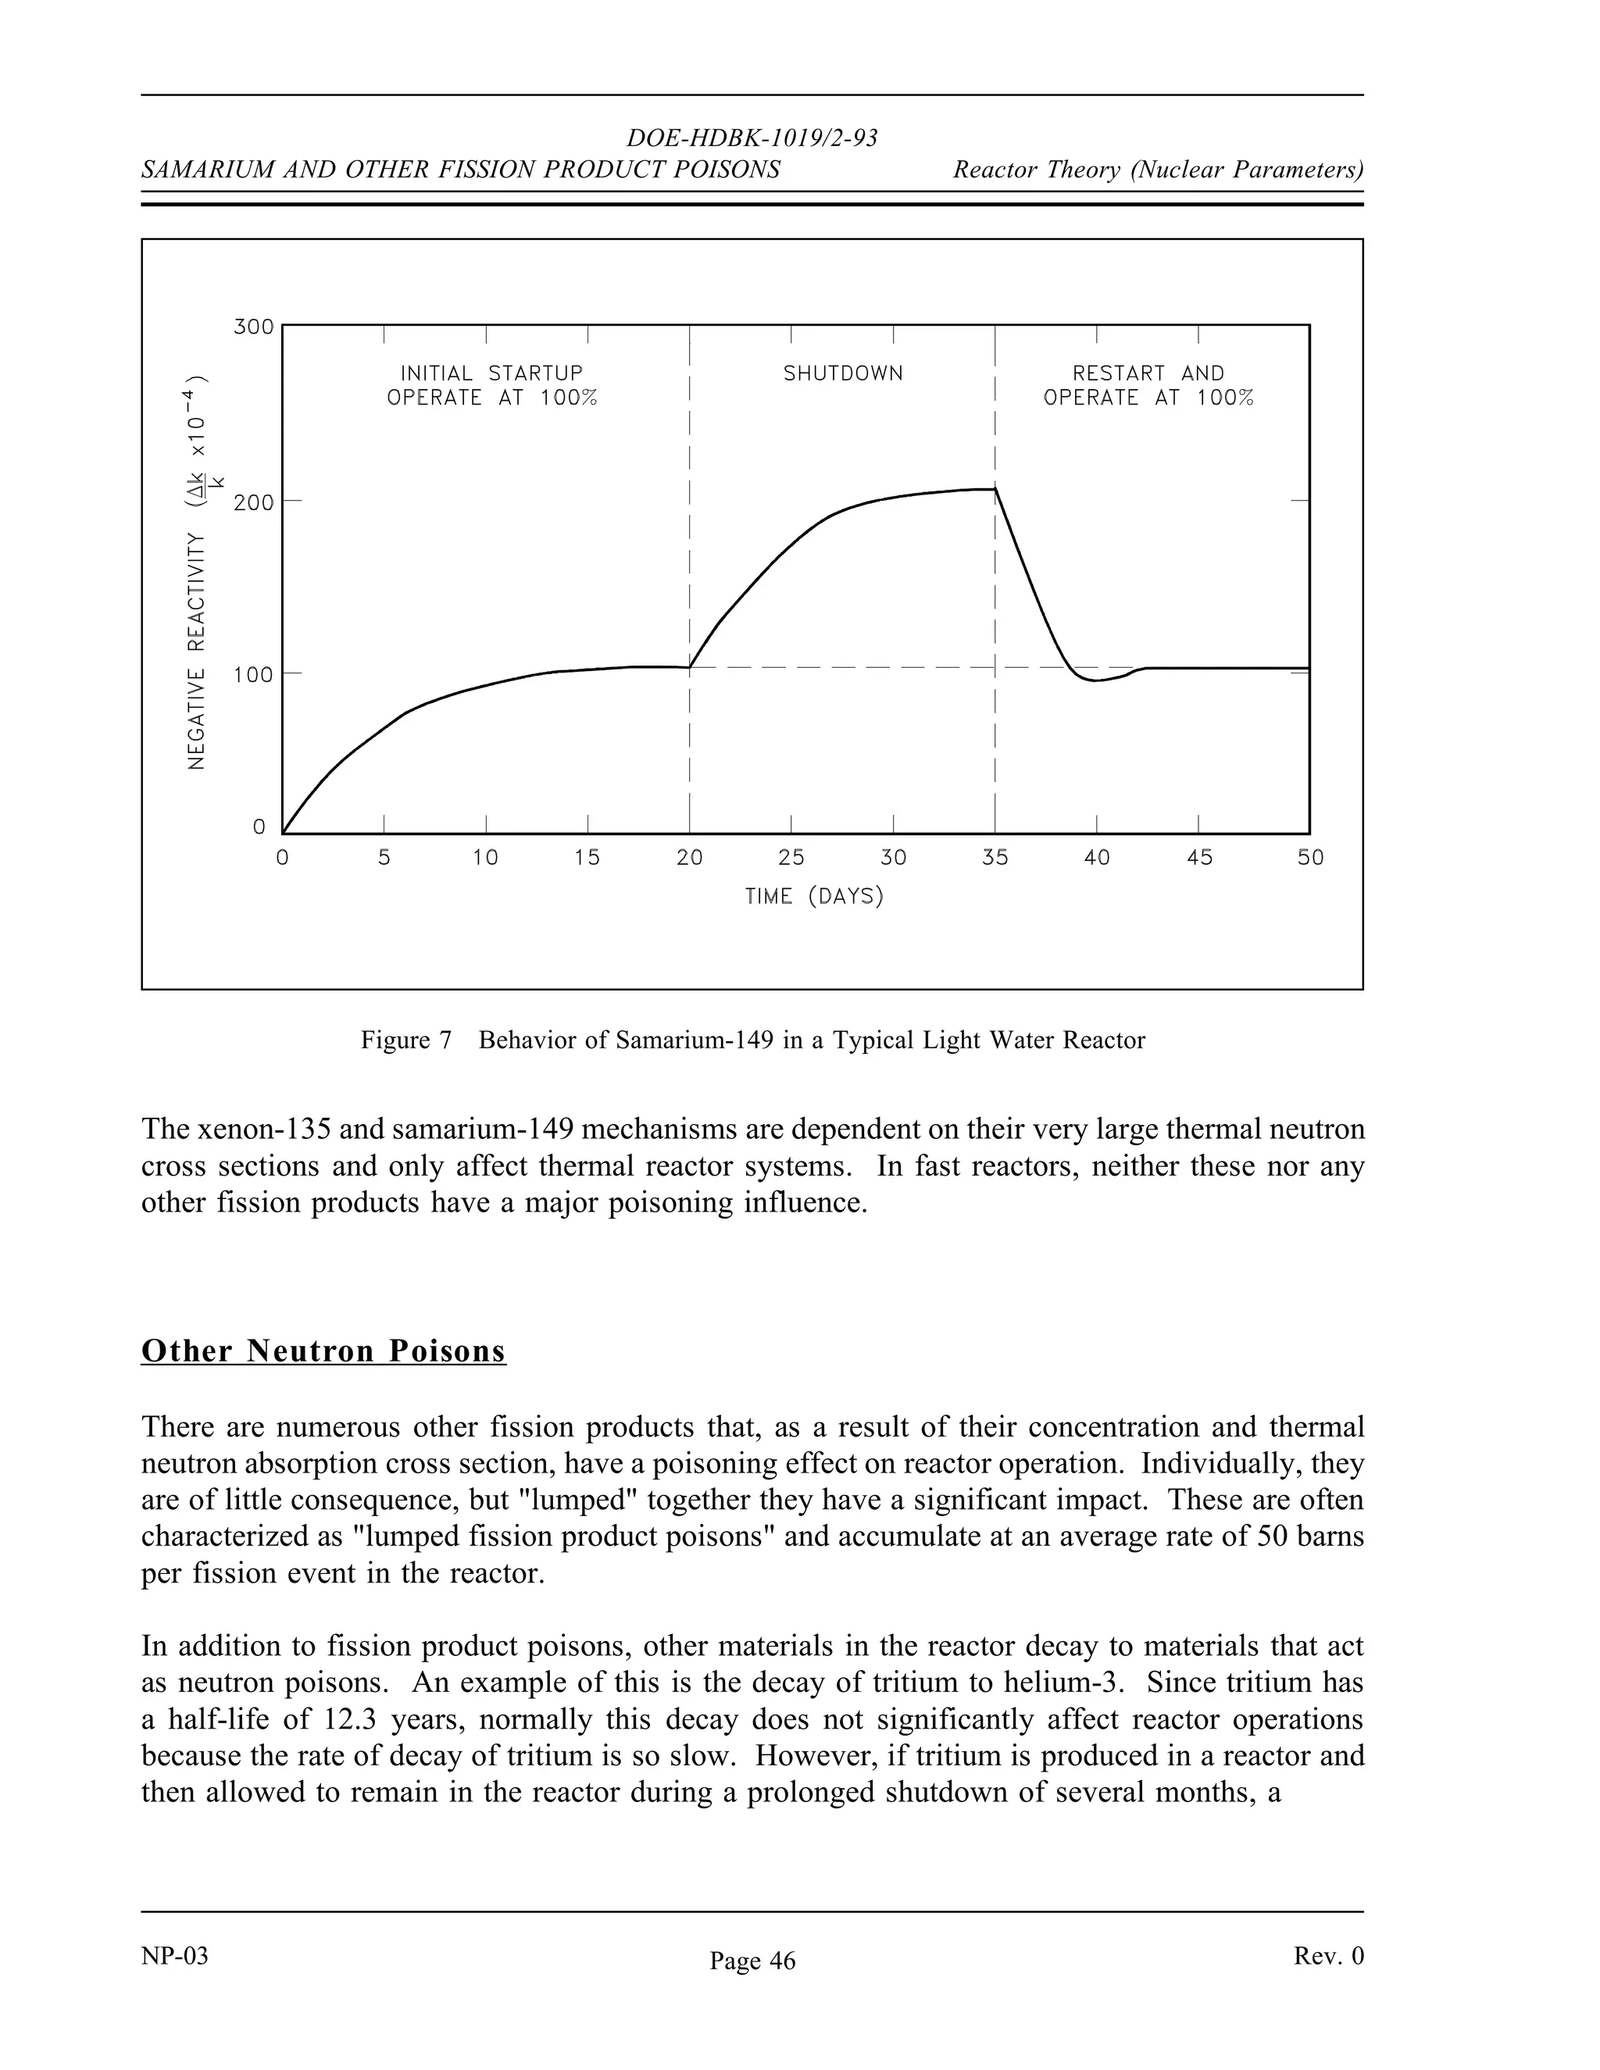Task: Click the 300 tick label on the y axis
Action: pyautogui.click(x=252, y=328)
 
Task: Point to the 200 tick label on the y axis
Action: pyautogui.click(x=252, y=502)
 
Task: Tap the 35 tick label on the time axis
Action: pyautogui.click(x=995, y=858)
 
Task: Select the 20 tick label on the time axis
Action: pyautogui.click(x=689, y=858)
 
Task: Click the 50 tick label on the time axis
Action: pyautogui.click(x=1310, y=858)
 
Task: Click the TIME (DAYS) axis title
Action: pyautogui.click(x=814, y=896)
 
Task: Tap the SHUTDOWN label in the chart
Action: pyautogui.click(x=843, y=373)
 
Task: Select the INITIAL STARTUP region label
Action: pyautogui.click(x=491, y=373)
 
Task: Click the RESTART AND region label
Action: pyautogui.click(x=1148, y=373)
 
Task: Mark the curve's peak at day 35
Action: pyautogui.click(x=995, y=489)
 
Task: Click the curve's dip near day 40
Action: pyautogui.click(x=1095, y=680)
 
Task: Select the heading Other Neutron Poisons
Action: pyautogui.click(x=323, y=1351)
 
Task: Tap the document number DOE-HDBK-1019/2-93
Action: pyautogui.click(x=752, y=138)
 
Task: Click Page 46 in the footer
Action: pyautogui.click(x=752, y=1961)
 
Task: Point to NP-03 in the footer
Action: pyautogui.click(x=174, y=1956)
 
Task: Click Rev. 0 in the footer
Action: pyautogui.click(x=1328, y=1956)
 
